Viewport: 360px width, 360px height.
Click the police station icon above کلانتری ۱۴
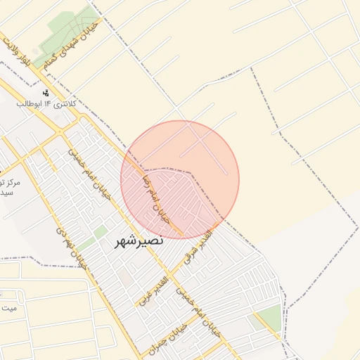pos(46,93)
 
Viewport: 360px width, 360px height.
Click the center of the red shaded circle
pos(180,180)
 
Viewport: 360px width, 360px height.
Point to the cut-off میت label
pos(8,308)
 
